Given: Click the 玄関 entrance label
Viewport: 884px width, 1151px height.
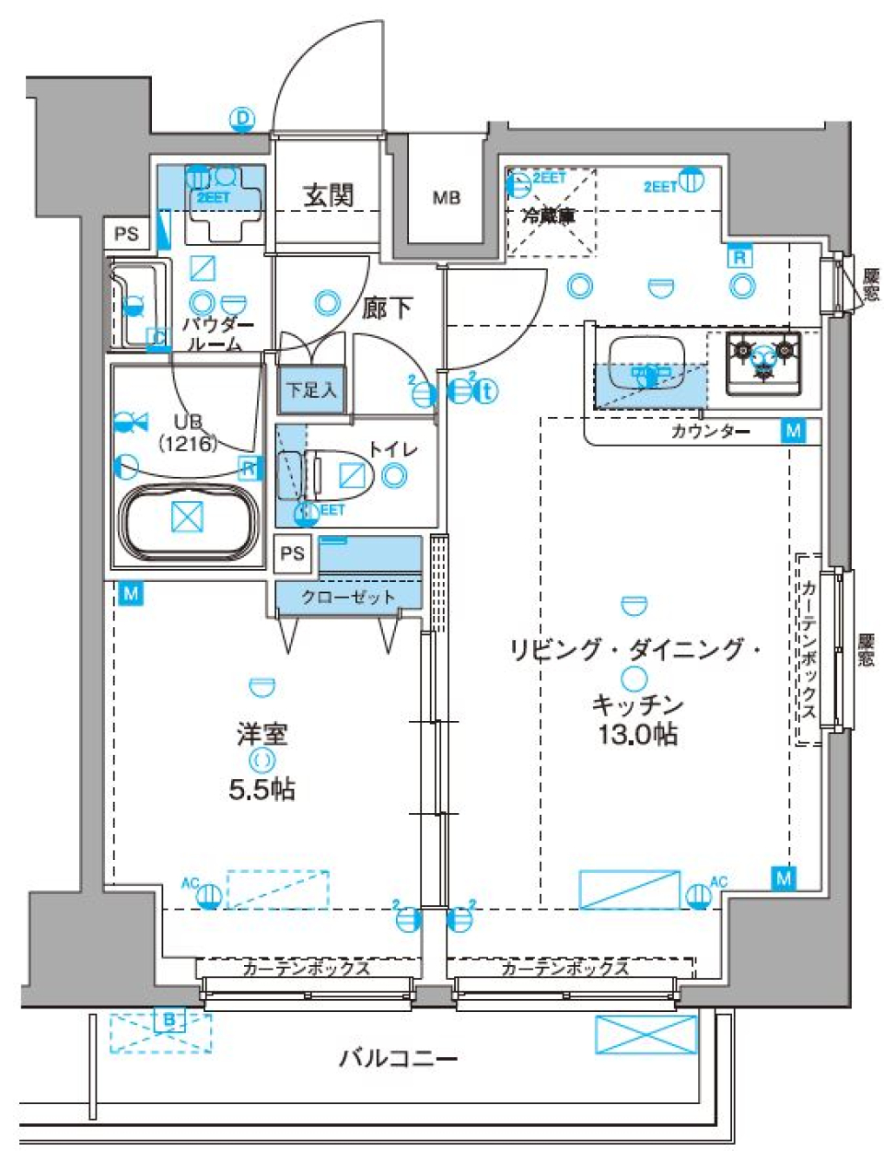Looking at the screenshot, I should [329, 195].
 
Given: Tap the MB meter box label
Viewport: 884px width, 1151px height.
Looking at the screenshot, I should [447, 197].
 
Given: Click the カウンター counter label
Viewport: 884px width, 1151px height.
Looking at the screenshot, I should [710, 431].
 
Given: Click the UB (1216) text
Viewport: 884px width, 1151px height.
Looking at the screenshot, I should [187, 433].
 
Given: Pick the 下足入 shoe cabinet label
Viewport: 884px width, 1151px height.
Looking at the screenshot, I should [311, 390].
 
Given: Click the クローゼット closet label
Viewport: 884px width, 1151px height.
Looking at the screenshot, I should [348, 597].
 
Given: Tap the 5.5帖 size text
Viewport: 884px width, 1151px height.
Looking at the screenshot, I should [262, 789].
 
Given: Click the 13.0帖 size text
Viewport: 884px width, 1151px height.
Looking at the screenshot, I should [637, 734].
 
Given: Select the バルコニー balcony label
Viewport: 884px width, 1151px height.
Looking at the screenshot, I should [398, 1058].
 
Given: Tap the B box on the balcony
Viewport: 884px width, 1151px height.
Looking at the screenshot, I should [169, 1020].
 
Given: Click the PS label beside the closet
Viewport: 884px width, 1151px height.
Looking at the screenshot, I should [292, 553].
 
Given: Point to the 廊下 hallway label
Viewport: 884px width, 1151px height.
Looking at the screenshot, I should [387, 308].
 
